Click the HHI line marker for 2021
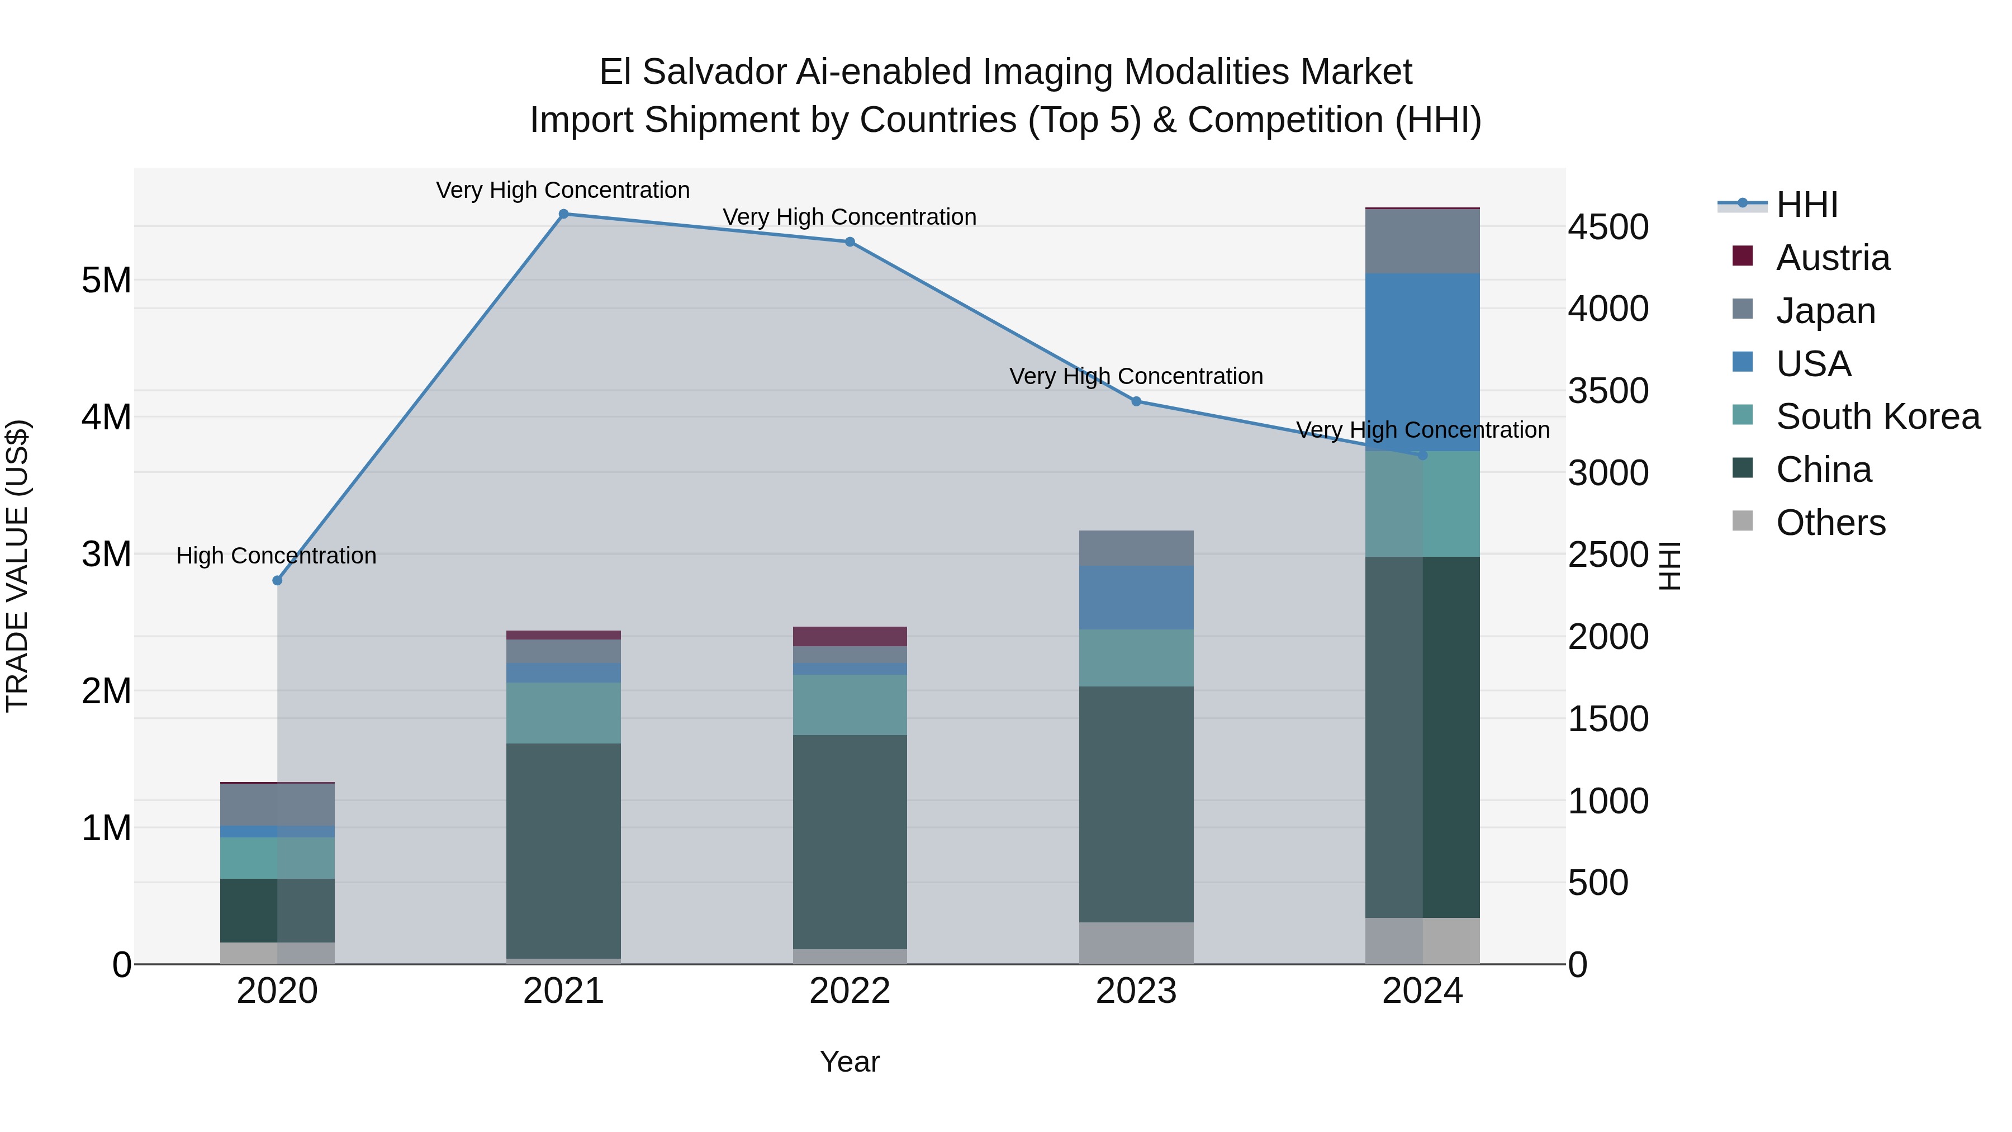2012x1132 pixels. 563,214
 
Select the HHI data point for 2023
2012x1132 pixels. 1136,401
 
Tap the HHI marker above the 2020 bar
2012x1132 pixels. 277,580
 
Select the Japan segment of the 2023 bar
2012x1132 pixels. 1136,548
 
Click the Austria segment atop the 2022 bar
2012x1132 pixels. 850,636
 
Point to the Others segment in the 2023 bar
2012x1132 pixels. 1136,943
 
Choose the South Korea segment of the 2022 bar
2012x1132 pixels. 850,705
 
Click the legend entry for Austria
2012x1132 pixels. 1833,258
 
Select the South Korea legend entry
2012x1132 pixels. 1878,416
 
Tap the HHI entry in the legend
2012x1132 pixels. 1806,205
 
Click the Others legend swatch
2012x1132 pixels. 1743,521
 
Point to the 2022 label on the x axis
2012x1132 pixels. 850,991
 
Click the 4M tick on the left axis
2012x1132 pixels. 107,417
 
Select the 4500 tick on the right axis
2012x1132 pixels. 1608,228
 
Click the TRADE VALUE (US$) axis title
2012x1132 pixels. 18,566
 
